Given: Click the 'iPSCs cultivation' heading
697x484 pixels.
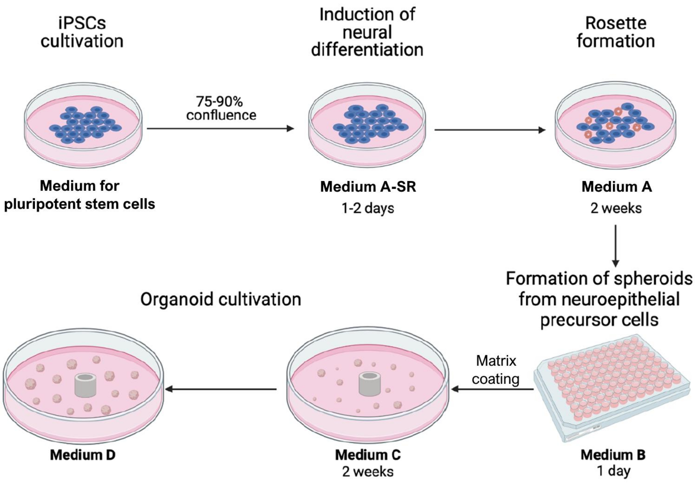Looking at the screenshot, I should click(x=82, y=32).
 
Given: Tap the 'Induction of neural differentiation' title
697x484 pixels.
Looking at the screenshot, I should click(x=367, y=32).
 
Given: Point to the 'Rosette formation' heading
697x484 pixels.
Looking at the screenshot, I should click(x=616, y=32).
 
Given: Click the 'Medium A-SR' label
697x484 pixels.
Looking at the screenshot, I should click(x=368, y=186).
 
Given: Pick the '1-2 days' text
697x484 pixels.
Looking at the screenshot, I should click(x=368, y=208).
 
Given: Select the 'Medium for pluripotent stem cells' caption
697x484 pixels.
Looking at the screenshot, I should click(x=79, y=195).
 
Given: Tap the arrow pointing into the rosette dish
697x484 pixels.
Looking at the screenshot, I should click(x=490, y=130).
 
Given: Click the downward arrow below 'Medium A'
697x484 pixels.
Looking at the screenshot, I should click(x=615, y=246).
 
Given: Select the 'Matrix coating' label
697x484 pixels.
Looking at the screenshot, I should click(x=496, y=370).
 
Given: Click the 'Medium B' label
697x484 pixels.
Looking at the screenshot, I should click(x=613, y=455).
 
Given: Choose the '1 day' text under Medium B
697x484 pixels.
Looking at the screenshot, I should click(x=614, y=471).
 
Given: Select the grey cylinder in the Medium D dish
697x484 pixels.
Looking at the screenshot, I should click(x=85, y=385).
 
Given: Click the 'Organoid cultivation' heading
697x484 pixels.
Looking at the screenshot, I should click(x=221, y=299).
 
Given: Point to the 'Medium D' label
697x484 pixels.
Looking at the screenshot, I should click(x=83, y=455).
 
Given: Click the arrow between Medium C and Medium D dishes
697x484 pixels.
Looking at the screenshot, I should click(x=221, y=389).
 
